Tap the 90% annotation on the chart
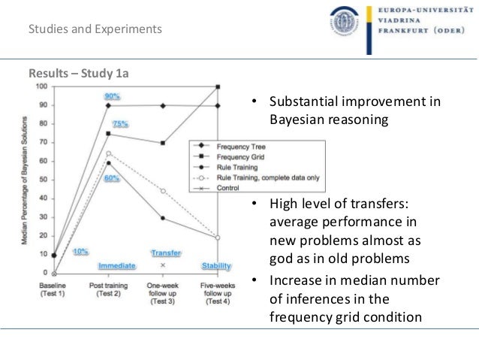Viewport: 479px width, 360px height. (x=113, y=96)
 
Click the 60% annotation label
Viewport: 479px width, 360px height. (x=112, y=178)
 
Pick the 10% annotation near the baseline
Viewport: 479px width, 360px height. (x=80, y=251)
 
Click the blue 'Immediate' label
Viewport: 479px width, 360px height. (x=116, y=266)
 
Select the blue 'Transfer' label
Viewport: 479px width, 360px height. (x=165, y=253)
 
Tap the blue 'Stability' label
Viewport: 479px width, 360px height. (x=216, y=266)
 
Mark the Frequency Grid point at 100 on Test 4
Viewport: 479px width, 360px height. (x=218, y=87)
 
